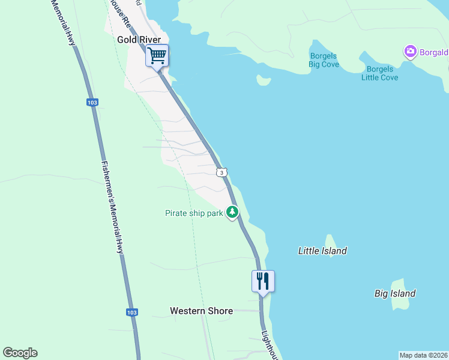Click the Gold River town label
click(139, 39)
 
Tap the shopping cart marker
click(157, 56)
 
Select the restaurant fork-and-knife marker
click(263, 281)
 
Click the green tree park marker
click(232, 212)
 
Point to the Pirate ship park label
click(194, 212)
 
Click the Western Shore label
click(201, 311)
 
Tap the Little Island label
click(322, 251)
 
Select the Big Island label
click(395, 293)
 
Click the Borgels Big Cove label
click(324, 60)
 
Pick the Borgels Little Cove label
click(379, 73)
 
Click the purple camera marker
click(411, 52)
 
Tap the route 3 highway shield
click(222, 173)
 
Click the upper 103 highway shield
click(92, 103)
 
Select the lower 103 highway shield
click(132, 313)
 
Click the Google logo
click(20, 353)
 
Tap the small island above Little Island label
click(330, 241)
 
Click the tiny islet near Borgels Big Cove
click(263, 80)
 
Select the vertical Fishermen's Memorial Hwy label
click(113, 207)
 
